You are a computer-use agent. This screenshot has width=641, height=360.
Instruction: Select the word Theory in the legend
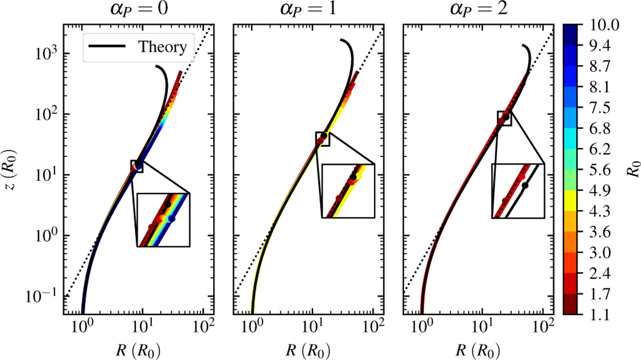(x=162, y=47)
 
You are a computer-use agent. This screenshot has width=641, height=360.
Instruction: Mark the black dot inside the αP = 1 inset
(x=353, y=177)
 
